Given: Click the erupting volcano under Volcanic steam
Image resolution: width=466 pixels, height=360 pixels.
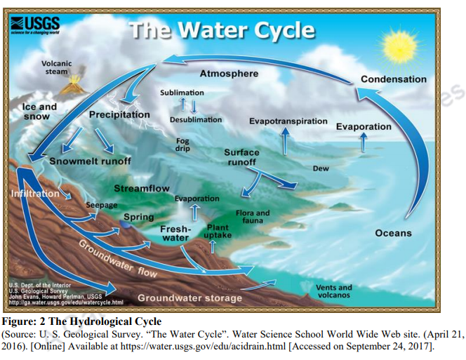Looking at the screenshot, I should [70, 87].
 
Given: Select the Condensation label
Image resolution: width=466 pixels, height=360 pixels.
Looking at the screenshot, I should [393, 79].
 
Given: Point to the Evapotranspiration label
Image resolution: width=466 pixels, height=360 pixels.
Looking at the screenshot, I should [288, 121].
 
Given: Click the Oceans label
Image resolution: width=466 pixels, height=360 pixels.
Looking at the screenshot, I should [393, 233].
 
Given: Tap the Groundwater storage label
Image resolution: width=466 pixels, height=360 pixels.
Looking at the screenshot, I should [189, 298].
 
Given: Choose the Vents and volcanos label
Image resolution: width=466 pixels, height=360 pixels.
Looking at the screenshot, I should [333, 291].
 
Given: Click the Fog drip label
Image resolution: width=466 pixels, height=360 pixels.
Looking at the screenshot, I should [182, 145].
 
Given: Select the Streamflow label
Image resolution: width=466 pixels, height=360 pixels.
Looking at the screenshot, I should [142, 189].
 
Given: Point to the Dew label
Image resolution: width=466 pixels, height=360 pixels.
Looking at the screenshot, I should [321, 168].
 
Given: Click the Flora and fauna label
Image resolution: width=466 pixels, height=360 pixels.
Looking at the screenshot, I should [253, 217].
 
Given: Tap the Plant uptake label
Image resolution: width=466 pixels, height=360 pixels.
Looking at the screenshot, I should [218, 232].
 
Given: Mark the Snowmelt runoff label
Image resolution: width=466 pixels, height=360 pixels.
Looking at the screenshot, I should [90, 161].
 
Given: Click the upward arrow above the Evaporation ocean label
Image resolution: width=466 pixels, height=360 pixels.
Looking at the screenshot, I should [363, 142].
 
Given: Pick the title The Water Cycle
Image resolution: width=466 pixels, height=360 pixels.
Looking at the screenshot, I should [222, 30].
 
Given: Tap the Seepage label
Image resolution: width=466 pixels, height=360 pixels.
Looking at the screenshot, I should [100, 205].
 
